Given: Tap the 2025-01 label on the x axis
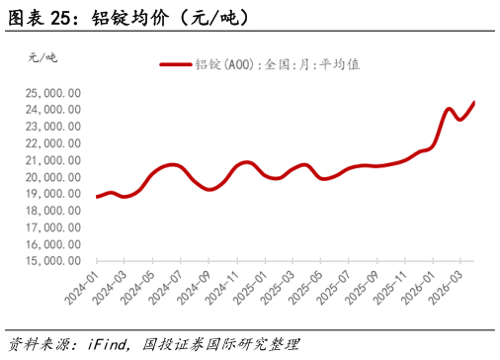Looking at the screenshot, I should (258, 285).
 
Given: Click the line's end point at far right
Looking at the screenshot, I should (473, 102).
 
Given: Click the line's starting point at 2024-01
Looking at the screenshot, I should (97, 197).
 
